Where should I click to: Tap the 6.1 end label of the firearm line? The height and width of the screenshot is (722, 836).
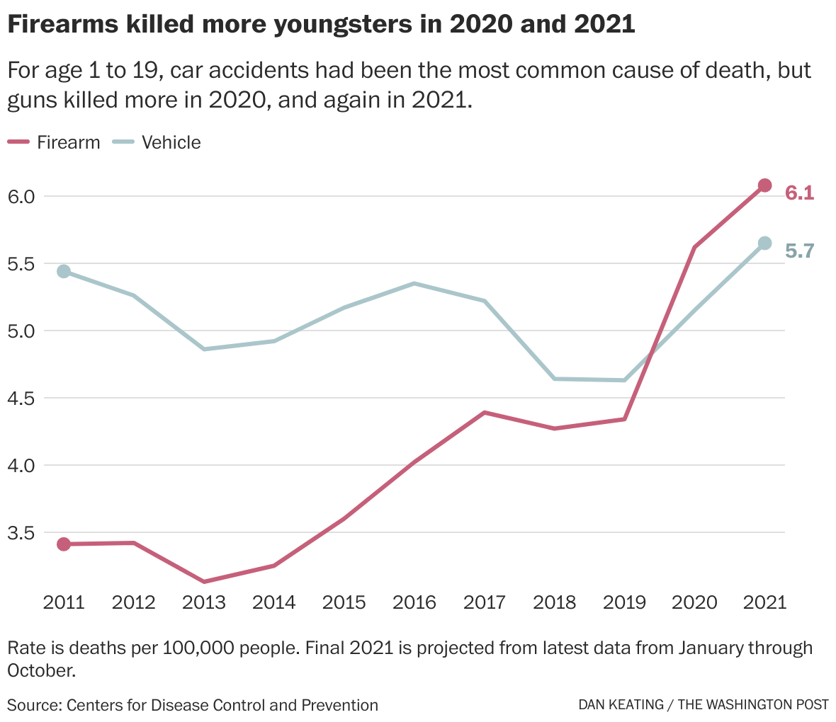tap(799, 193)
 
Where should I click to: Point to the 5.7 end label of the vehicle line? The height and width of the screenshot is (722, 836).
tap(799, 251)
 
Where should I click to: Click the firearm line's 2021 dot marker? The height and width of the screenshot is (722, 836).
tap(764, 185)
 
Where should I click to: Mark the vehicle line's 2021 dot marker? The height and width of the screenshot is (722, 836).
tap(764, 243)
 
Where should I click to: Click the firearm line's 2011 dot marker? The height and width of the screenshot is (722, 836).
tap(64, 544)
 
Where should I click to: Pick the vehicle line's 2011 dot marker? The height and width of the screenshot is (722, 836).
tap(64, 271)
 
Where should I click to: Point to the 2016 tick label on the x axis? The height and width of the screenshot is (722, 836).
tap(414, 602)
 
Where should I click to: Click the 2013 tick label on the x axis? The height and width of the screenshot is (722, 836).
tap(204, 602)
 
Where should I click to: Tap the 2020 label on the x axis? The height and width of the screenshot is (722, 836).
tap(694, 602)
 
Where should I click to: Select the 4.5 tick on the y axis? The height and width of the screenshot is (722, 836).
tap(21, 399)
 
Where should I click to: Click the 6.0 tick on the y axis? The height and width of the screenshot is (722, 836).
tap(21, 196)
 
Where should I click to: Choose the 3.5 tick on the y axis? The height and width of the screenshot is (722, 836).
tap(21, 533)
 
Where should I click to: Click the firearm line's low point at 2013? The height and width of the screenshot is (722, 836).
tap(204, 582)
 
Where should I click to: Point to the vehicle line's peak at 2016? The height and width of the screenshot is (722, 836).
tap(414, 284)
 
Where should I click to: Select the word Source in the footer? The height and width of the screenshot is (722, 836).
tap(33, 705)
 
